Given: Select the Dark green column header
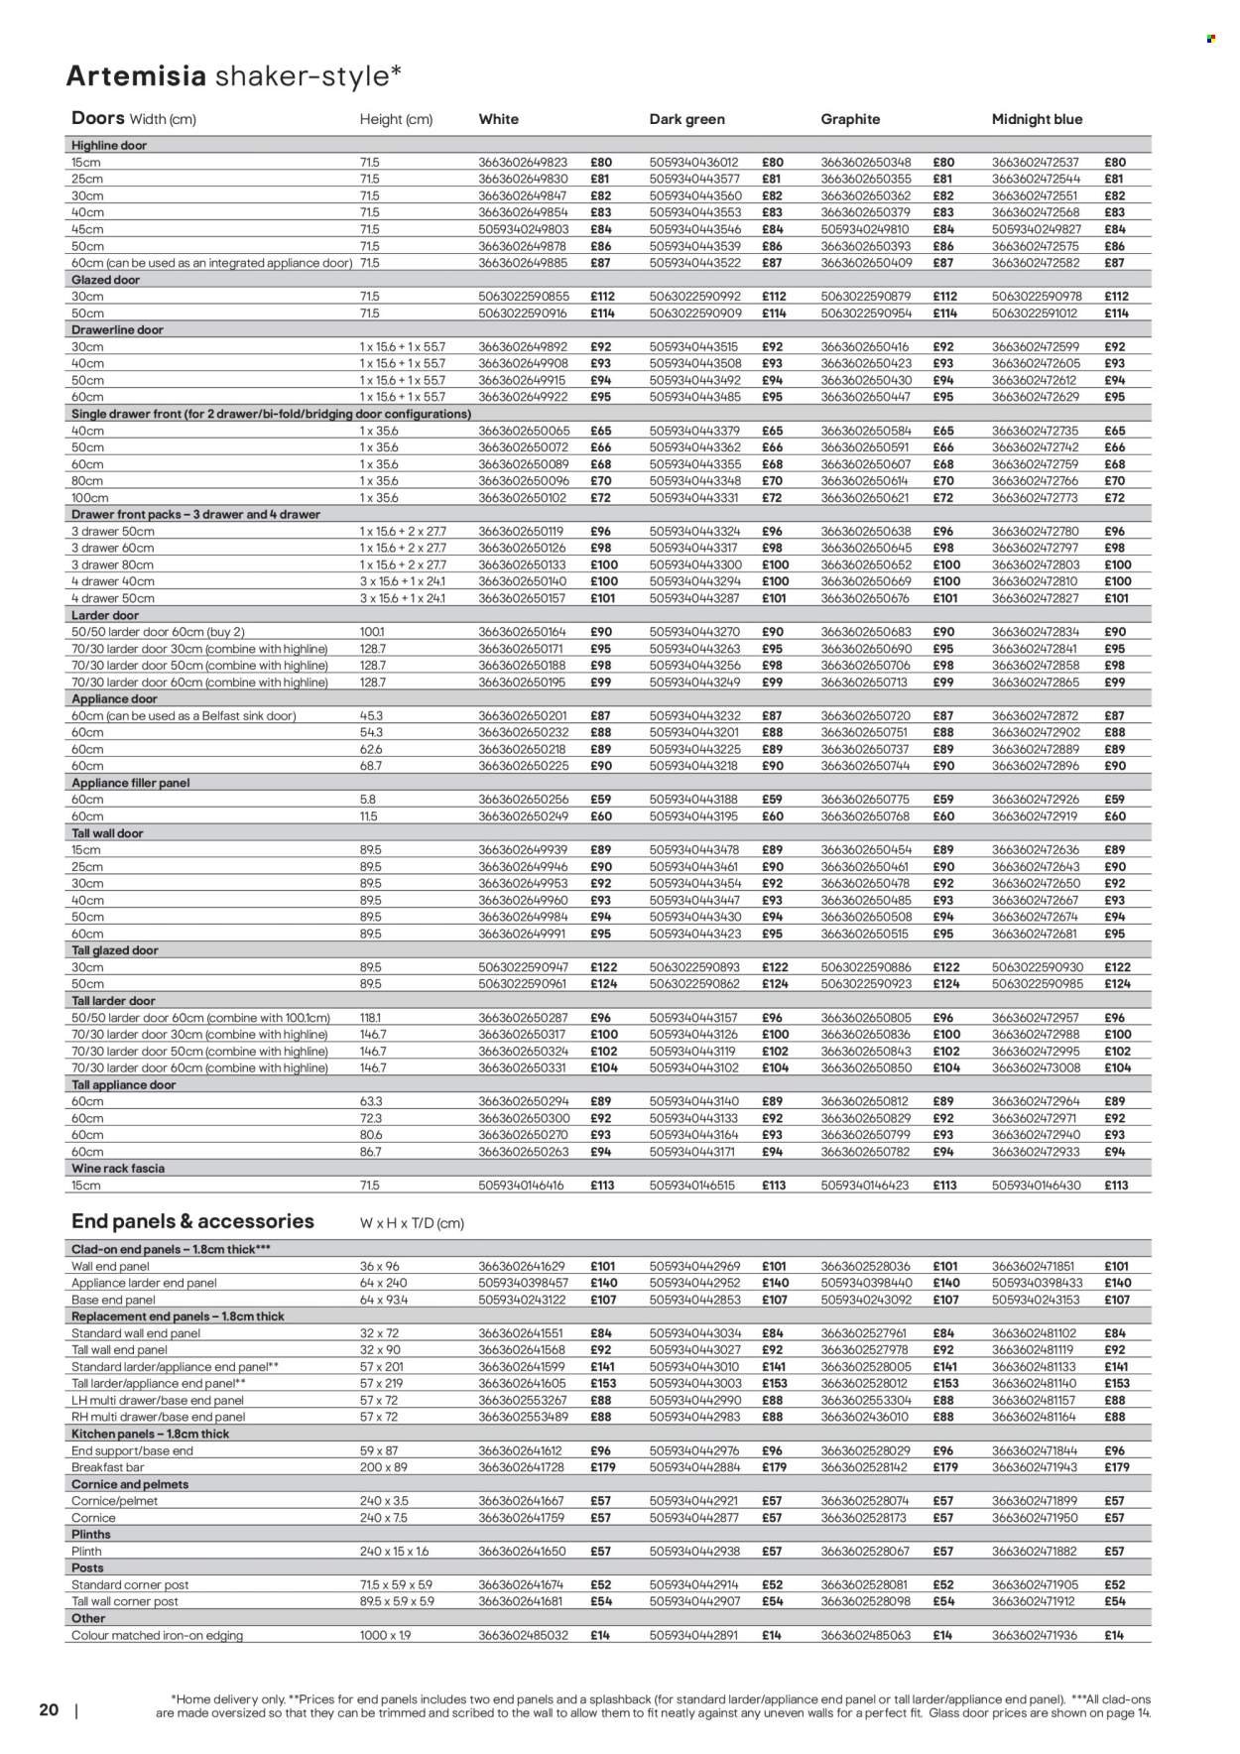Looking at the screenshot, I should point(686,119).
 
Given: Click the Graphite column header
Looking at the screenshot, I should point(850,119).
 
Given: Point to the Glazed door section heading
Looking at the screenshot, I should point(106,280).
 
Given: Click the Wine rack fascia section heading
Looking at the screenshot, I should point(118,1168).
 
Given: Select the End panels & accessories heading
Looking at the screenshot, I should point(192,1221).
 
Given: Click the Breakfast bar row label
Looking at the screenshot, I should point(107,1466).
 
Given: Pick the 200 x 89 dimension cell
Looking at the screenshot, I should point(383,1466).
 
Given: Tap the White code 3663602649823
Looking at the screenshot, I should point(523,162).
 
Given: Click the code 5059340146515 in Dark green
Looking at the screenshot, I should point(693,1185).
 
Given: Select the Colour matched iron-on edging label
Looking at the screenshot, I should point(157,1635).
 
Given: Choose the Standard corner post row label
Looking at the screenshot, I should point(130,1584).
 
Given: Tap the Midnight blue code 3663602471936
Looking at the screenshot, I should point(1036,1635).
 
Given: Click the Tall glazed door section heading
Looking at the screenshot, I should point(117,950).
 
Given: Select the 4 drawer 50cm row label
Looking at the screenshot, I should point(113,598).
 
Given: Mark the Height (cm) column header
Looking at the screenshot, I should point(396,120).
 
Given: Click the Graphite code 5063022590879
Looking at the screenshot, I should point(865,297).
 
